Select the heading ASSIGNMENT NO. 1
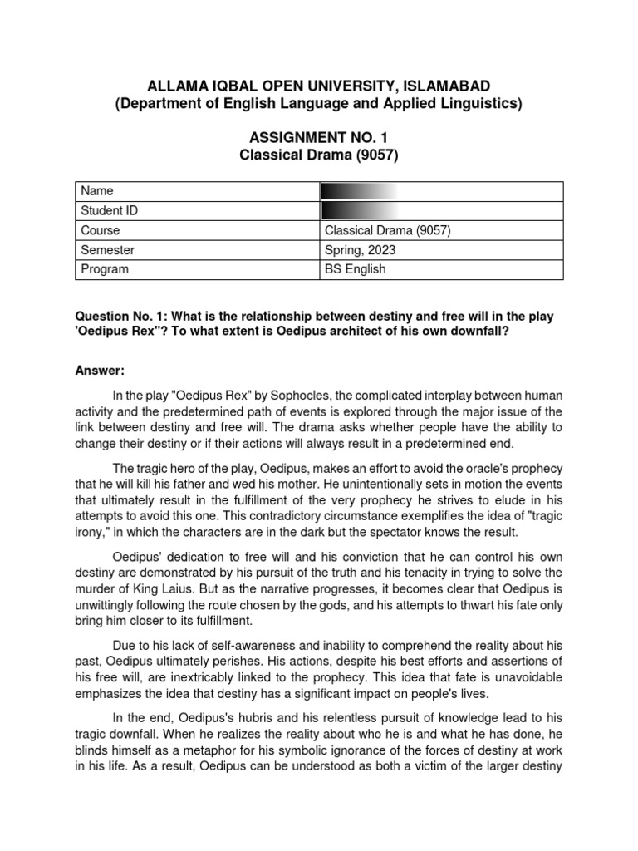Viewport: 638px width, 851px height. (319, 138)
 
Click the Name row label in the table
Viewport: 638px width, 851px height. (96, 191)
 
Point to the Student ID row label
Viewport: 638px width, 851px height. (109, 211)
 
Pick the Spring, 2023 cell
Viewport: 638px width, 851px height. (361, 249)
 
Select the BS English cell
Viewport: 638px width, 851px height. (356, 269)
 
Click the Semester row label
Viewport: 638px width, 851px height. (107, 249)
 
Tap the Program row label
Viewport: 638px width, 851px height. (105, 269)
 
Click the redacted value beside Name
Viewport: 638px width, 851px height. (359, 191)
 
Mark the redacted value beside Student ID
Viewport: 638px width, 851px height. (359, 211)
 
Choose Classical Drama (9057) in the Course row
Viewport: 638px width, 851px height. (388, 230)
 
